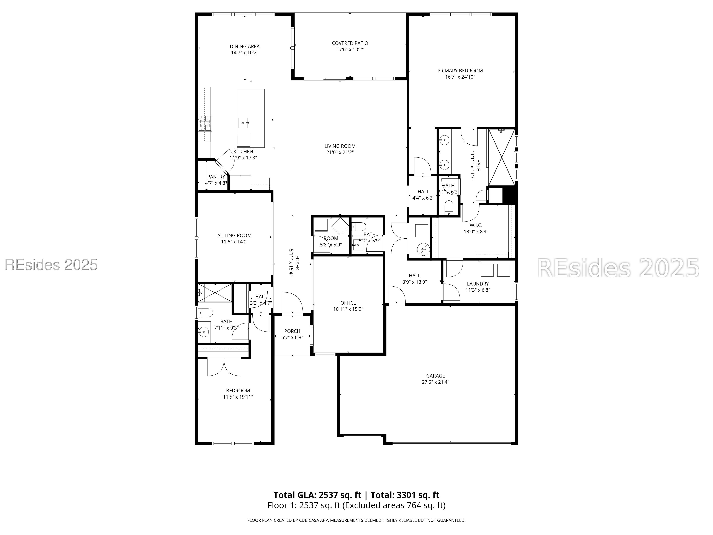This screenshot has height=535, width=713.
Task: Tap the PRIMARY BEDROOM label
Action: tap(460, 71)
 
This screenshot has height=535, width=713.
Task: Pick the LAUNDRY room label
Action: tap(478, 284)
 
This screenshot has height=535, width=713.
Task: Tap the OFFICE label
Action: tap(348, 303)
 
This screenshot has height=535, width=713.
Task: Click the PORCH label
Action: tap(292, 331)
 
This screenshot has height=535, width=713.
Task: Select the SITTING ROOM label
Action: tap(234, 235)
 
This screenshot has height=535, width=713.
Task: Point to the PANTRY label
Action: tap(216, 177)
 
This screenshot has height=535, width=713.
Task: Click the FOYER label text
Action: tap(297, 263)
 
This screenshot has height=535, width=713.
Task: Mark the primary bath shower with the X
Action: tap(502, 157)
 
